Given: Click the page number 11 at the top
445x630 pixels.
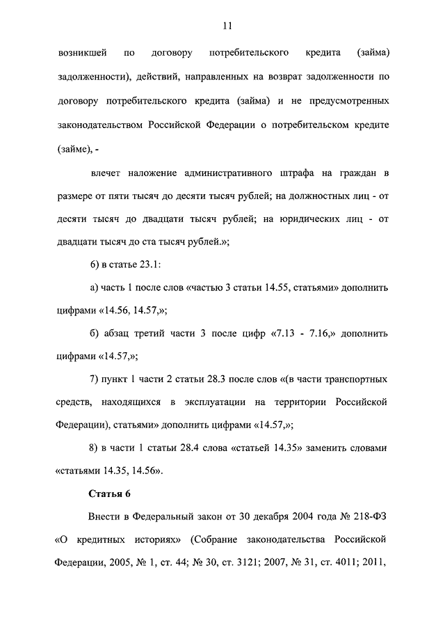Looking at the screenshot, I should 227,26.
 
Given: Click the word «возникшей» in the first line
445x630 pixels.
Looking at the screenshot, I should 78,53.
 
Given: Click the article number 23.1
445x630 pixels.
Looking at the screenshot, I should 149,265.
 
